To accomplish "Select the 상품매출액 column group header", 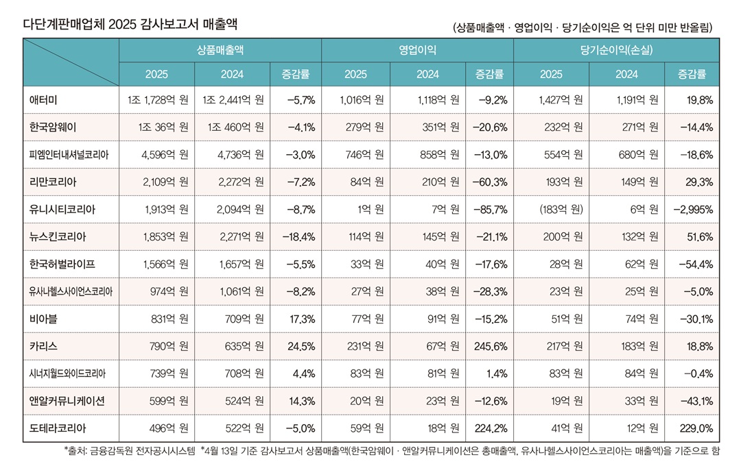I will point(220,50).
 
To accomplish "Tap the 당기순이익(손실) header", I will point(616,50).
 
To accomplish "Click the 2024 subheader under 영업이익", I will point(428,74).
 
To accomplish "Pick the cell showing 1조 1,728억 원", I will point(158,100).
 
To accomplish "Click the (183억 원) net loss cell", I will point(561,209).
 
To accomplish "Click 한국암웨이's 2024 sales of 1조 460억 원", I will point(233,127).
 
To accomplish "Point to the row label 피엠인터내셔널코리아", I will point(69,155).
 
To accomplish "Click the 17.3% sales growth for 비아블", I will point(301,319).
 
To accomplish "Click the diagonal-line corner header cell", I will point(71,62).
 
